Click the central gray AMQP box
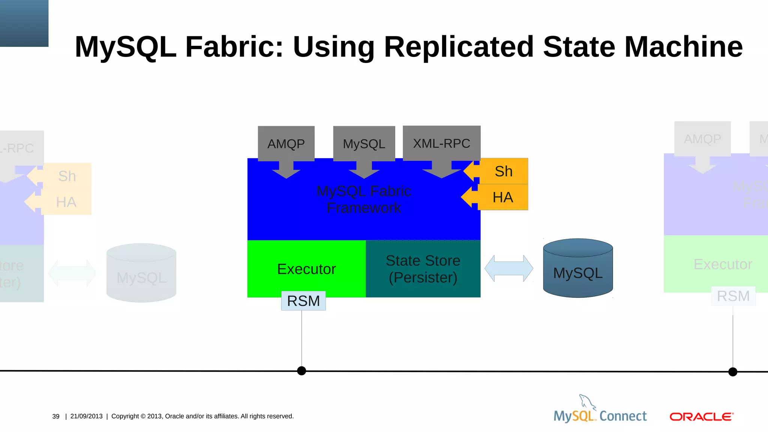(286, 144)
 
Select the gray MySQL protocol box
(364, 144)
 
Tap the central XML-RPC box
(441, 143)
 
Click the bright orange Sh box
(504, 171)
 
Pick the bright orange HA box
(503, 197)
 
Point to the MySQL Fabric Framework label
(364, 199)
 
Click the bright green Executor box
(306, 269)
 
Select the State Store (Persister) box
(423, 269)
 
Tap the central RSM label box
(303, 301)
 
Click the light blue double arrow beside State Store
(509, 268)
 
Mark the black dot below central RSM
(301, 371)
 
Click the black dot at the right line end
(733, 372)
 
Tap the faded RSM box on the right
(733, 296)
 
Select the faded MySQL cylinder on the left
(141, 273)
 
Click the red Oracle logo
(701, 417)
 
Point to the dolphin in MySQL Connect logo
(587, 402)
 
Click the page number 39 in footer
(56, 416)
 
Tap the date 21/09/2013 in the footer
(86, 416)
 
